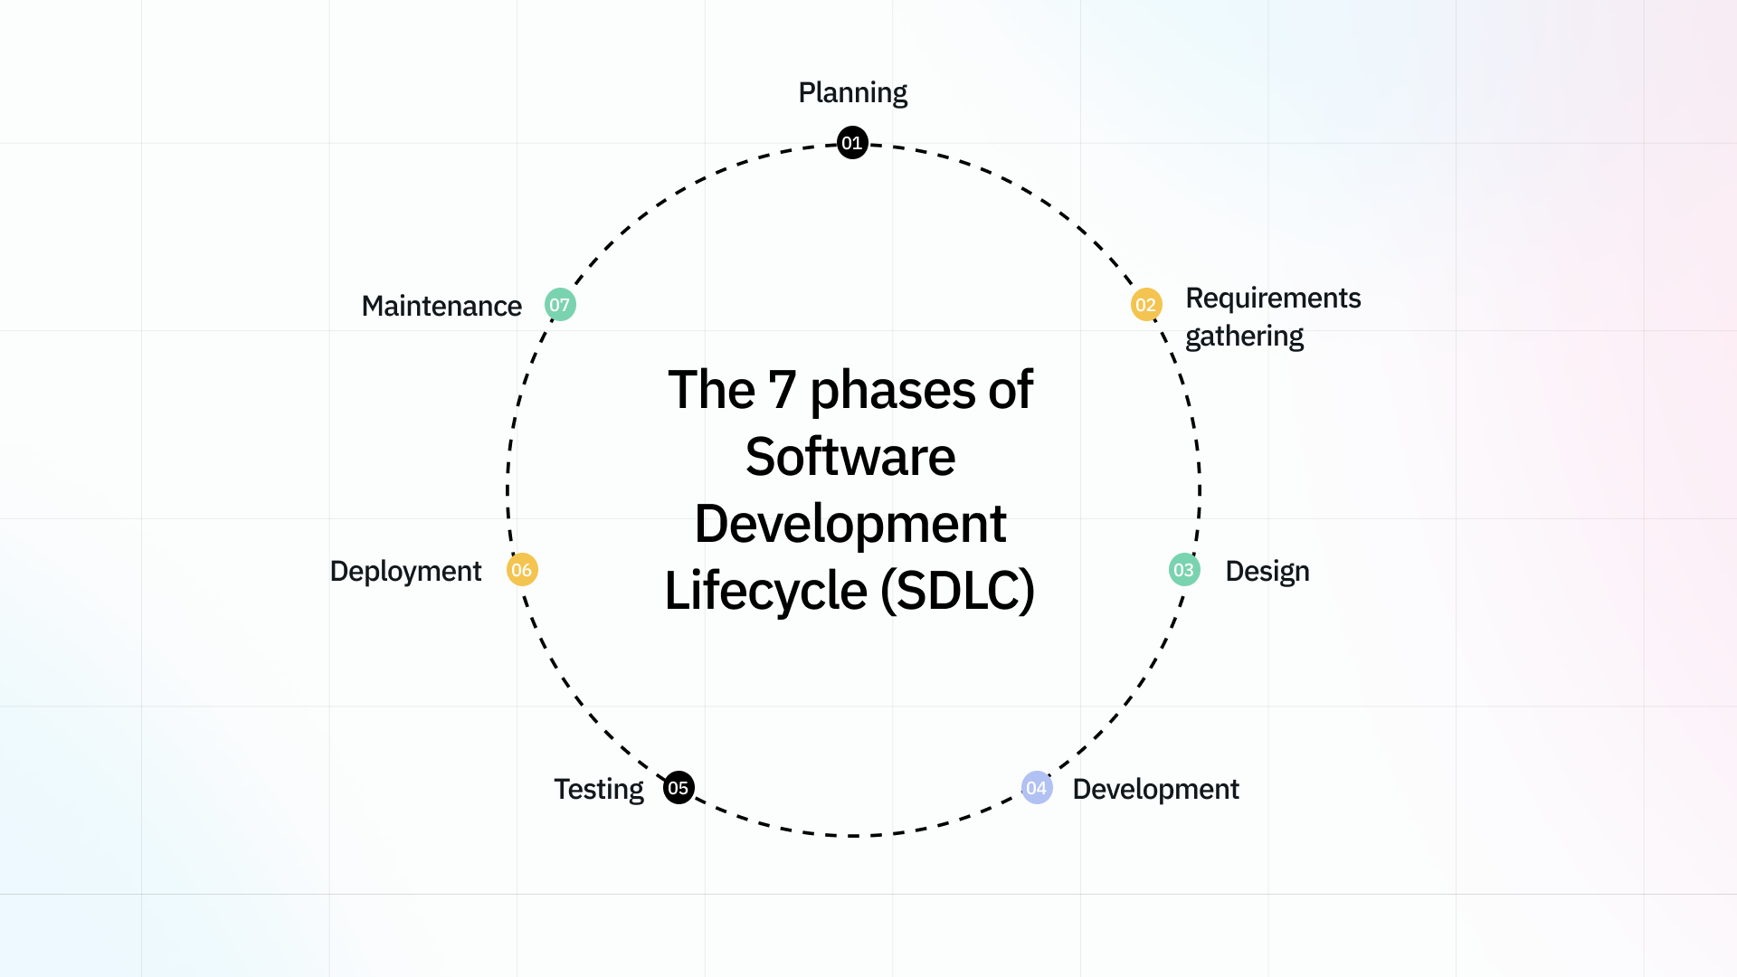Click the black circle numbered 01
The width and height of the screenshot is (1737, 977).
tap(852, 143)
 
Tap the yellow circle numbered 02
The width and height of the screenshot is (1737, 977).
tap(1146, 305)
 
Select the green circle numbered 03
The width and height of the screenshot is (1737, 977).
tap(1184, 570)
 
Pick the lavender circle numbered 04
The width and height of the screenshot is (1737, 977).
tap(1037, 788)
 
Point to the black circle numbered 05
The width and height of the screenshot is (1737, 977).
tap(679, 788)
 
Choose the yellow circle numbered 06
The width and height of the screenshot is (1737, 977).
tap(522, 570)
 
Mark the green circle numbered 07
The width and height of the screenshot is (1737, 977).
tap(560, 305)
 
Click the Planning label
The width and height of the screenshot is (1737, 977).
tap(852, 93)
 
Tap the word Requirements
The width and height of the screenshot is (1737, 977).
tap(1273, 299)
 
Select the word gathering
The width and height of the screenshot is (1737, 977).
tap(1244, 337)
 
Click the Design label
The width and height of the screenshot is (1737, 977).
tap(1267, 572)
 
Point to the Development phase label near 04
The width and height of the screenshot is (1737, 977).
tap(1155, 790)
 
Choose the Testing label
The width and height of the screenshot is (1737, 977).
tap(599, 790)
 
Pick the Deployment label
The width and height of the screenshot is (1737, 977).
tap(405, 572)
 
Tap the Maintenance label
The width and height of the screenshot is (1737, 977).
tap(441, 307)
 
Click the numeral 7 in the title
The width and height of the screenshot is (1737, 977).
tap(782, 391)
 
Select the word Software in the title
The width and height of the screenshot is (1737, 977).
tap(850, 457)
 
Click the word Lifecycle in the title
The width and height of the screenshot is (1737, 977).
tap(765, 591)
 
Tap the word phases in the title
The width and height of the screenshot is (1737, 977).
tap(891, 391)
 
